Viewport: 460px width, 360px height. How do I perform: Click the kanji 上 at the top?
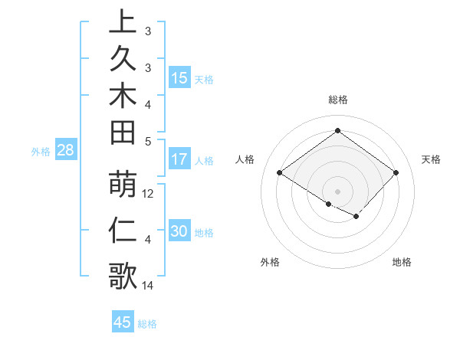[123, 21]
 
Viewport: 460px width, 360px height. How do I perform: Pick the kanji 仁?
[123, 231]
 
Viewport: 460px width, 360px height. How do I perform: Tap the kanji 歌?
[123, 274]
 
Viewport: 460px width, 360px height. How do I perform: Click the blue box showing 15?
[179, 78]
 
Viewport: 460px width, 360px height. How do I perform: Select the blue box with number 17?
[179, 160]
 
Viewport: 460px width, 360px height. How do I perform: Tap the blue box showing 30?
[179, 232]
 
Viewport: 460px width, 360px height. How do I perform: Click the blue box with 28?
[65, 151]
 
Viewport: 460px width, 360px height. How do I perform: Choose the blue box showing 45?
[123, 322]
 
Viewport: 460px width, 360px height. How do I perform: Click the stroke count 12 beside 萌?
[149, 194]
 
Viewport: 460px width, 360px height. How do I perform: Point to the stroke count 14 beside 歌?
[149, 286]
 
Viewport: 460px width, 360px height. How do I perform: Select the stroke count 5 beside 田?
[148, 141]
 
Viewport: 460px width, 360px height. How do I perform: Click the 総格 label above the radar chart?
[338, 100]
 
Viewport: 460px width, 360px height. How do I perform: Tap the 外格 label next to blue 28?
[41, 152]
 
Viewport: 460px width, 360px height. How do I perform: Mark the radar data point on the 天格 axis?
[396, 173]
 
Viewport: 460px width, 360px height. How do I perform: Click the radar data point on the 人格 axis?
[280, 173]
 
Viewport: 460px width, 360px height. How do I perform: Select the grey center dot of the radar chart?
[337, 191]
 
